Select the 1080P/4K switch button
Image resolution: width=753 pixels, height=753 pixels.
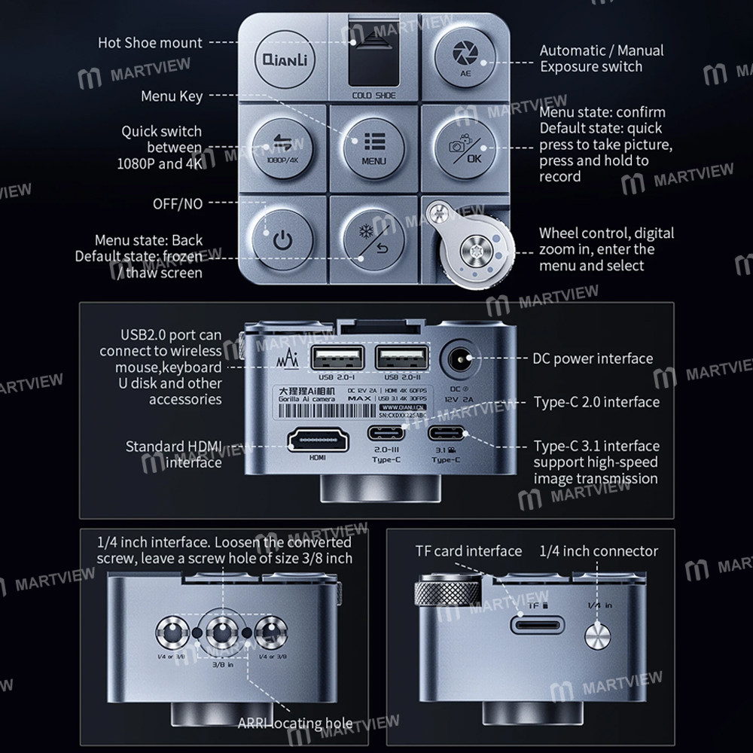281,145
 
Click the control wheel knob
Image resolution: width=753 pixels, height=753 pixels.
476,249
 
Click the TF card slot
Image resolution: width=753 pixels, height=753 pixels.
538,623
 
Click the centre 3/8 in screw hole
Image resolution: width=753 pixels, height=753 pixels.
224,632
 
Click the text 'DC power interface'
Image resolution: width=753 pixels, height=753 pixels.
593,358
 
